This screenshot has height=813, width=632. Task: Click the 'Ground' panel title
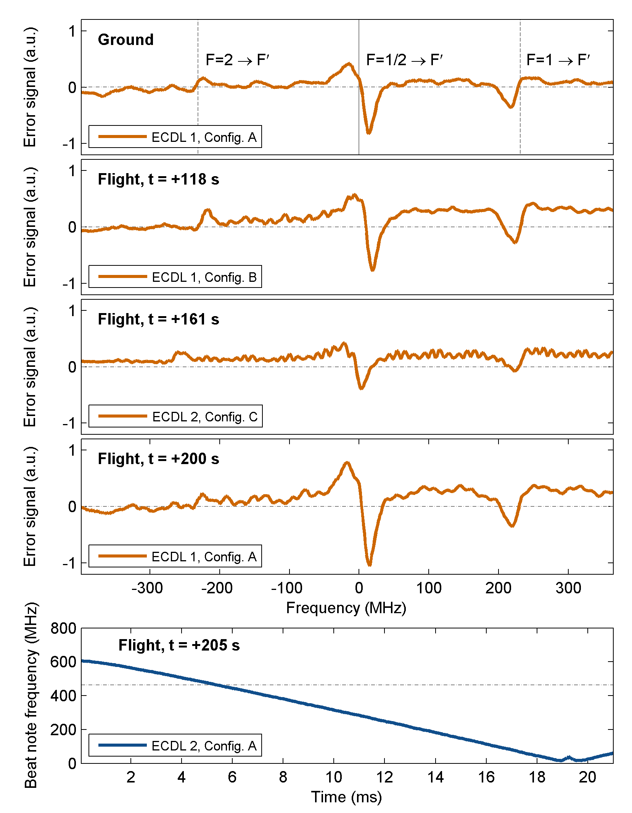coord(125,40)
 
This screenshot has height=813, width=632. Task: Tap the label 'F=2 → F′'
coord(238,60)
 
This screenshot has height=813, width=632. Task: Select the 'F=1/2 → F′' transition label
coord(404,60)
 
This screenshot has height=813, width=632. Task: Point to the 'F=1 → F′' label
coord(558,60)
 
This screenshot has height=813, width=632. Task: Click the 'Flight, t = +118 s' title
coord(158,179)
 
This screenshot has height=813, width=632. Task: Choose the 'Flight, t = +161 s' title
coord(158,319)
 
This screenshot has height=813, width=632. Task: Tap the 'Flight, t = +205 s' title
coord(179,645)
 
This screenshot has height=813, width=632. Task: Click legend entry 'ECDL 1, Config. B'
coord(204,277)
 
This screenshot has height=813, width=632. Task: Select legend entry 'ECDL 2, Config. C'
coord(205,417)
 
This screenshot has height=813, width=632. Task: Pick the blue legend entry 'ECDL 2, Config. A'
coord(204,746)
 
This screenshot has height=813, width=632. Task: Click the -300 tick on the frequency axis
coord(147,588)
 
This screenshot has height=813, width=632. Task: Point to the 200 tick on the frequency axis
coord(498,588)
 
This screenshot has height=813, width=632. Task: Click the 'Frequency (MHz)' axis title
coord(346,608)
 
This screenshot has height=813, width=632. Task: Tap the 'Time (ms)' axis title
coord(346,797)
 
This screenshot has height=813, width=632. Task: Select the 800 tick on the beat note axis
coord(63,628)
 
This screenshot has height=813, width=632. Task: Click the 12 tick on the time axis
coord(384,777)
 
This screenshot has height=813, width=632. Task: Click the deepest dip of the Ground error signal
coord(368,132)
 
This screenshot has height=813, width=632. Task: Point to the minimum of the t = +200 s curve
coord(369,564)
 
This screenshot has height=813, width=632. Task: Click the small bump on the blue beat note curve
coord(569,757)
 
